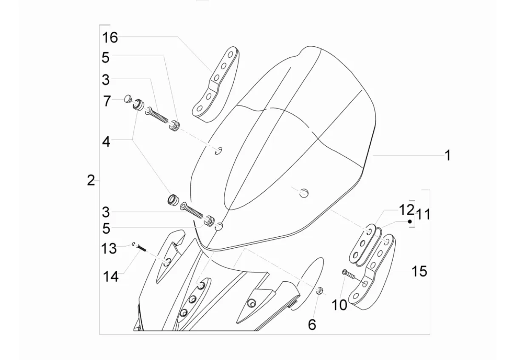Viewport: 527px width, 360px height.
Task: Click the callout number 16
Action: pos(110,38)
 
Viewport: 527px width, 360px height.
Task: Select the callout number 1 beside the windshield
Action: pos(447,156)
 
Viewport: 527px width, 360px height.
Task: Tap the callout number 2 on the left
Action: pos(91,181)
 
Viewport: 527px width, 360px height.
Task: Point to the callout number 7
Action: pos(107,101)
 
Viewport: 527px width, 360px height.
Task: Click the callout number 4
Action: pos(106,142)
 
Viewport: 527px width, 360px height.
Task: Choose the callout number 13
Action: pos(109,248)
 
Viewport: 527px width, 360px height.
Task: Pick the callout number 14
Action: pos(111,276)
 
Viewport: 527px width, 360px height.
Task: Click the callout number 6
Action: pos(312,325)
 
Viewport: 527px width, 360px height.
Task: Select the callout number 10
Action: pos(340,305)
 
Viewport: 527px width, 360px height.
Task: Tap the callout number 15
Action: pos(419,271)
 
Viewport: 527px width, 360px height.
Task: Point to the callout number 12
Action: pos(406,210)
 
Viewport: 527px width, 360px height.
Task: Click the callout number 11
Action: pos(423,215)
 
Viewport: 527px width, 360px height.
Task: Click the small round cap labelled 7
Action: pos(127,99)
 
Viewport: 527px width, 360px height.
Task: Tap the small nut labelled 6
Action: pos(321,290)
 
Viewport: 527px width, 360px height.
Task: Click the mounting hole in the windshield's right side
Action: pos(303,193)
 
